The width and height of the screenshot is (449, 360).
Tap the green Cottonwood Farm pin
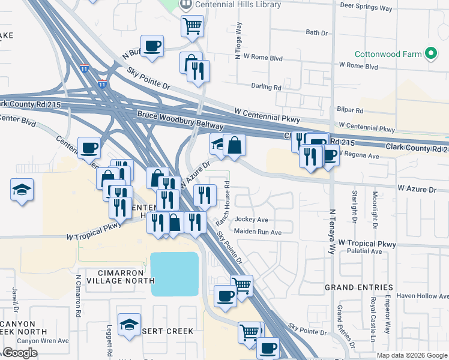point(430,54)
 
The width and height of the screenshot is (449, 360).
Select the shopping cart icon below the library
point(192,26)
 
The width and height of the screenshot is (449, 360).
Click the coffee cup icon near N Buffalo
point(152,46)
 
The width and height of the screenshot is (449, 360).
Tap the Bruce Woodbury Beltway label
point(179,120)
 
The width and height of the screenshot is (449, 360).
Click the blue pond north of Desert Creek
point(174,273)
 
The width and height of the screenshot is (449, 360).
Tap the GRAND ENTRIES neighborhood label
point(359,287)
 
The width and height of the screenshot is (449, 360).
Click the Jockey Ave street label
point(252,220)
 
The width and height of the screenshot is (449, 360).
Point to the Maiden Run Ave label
point(258,232)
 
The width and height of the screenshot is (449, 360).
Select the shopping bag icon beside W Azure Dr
point(234,145)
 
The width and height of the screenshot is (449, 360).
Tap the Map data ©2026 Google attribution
point(411,355)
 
